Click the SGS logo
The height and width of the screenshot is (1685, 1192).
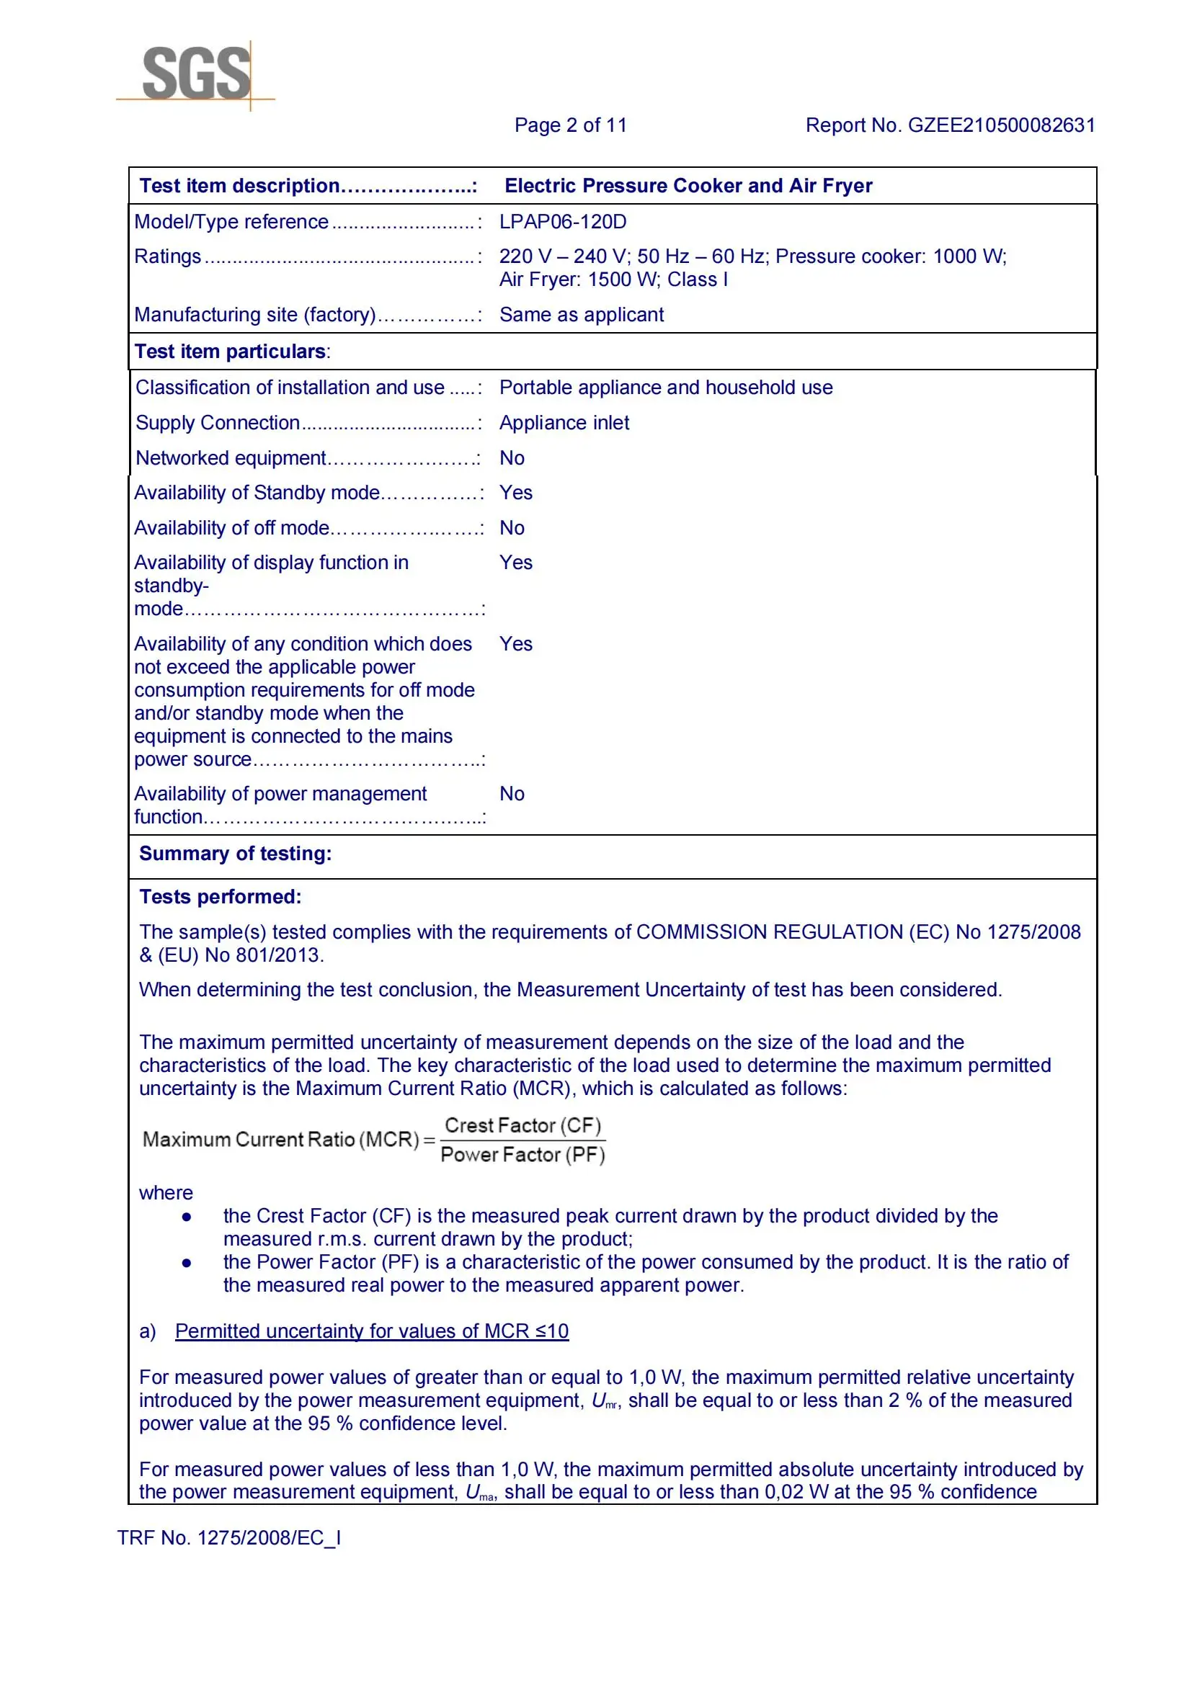click(x=196, y=73)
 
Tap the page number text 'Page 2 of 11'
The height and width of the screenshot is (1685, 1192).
click(x=570, y=125)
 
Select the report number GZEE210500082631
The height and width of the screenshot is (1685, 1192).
click(x=1001, y=125)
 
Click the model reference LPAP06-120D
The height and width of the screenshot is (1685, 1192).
click(x=563, y=222)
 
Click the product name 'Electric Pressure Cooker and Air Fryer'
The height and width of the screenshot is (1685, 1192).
click(x=688, y=186)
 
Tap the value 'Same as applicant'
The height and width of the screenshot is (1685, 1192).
click(x=582, y=315)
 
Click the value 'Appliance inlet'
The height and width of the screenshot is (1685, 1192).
click(x=564, y=423)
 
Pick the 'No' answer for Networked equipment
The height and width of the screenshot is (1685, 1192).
click(x=512, y=458)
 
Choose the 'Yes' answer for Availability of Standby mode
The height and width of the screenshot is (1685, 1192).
click(x=516, y=493)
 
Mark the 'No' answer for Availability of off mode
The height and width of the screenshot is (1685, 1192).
click(x=512, y=527)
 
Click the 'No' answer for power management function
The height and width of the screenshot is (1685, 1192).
click(x=512, y=793)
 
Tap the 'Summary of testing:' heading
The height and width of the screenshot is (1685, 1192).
click(x=236, y=854)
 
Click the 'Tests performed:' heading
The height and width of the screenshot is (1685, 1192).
click(x=221, y=897)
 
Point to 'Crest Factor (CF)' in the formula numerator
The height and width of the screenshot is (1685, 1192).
click(x=522, y=1126)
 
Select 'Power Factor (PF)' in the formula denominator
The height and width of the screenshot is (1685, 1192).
click(x=522, y=1155)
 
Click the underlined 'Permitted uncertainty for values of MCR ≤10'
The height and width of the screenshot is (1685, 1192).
click(x=371, y=1331)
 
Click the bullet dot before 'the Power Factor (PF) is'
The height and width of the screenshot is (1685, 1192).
click(x=187, y=1263)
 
